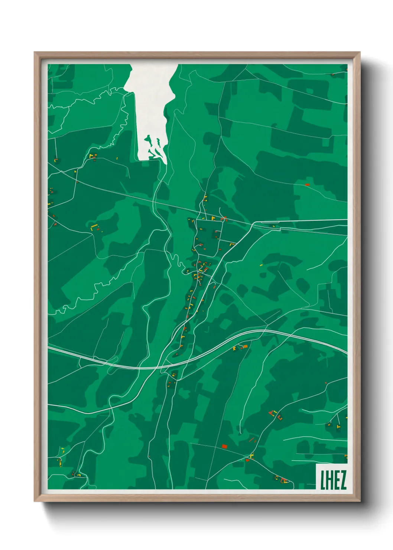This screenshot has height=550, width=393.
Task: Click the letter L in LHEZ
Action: pos(323,480)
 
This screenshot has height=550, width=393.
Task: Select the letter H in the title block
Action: pos(329,480)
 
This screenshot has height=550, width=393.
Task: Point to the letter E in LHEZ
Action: pos(336,480)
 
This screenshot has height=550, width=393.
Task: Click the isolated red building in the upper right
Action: pos(307,184)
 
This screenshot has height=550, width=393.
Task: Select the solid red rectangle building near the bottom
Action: pos(224,446)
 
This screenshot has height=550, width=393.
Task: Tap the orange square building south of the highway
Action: pos(244,346)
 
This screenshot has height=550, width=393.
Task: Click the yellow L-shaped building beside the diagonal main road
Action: pos(232,244)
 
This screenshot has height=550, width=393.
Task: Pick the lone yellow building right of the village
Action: pos(261,265)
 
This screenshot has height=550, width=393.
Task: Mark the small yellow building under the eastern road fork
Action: pos(274,226)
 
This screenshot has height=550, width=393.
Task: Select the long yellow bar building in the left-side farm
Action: pos(94,226)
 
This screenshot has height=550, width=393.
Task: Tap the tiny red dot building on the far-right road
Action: pos(326,382)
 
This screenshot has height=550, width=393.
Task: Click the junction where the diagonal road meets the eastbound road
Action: pos(253,223)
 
